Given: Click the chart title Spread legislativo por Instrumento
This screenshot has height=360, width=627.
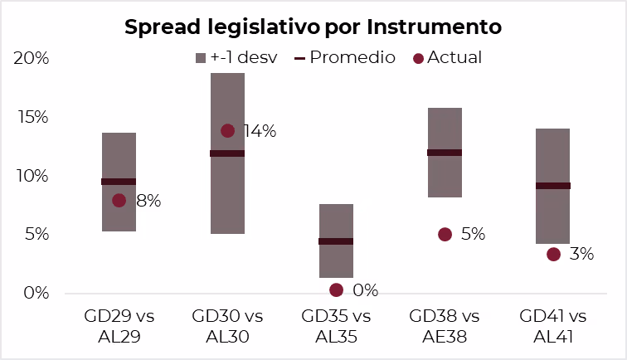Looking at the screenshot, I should click(x=313, y=27).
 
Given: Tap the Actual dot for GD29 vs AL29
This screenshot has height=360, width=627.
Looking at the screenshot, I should click(x=119, y=200).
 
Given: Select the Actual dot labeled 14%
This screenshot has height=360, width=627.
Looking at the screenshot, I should click(x=228, y=130).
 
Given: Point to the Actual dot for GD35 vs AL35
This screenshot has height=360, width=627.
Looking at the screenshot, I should click(x=336, y=289).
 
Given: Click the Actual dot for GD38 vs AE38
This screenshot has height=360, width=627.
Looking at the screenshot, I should click(x=445, y=235).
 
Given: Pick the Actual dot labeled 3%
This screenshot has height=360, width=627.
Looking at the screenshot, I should click(x=553, y=254).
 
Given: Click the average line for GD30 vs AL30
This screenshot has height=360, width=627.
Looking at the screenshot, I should click(x=227, y=153).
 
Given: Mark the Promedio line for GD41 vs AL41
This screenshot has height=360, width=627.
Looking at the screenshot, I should click(x=552, y=186).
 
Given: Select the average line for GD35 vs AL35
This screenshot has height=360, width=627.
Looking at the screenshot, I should click(x=336, y=241).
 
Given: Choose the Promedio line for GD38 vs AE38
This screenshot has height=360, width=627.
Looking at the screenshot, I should click(x=445, y=153).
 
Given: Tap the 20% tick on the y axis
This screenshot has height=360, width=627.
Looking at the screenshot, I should click(x=32, y=58).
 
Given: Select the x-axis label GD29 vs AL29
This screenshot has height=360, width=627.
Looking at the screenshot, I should click(x=119, y=326).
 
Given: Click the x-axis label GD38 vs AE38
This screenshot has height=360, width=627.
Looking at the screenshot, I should click(x=445, y=326).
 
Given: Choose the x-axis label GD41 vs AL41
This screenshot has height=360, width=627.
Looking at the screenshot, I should click(x=553, y=326).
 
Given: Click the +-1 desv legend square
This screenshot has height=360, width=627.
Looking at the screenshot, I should click(x=200, y=58).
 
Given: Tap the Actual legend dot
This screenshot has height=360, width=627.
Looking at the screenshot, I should click(x=418, y=58).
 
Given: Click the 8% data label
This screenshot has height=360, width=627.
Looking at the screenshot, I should click(x=148, y=201).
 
